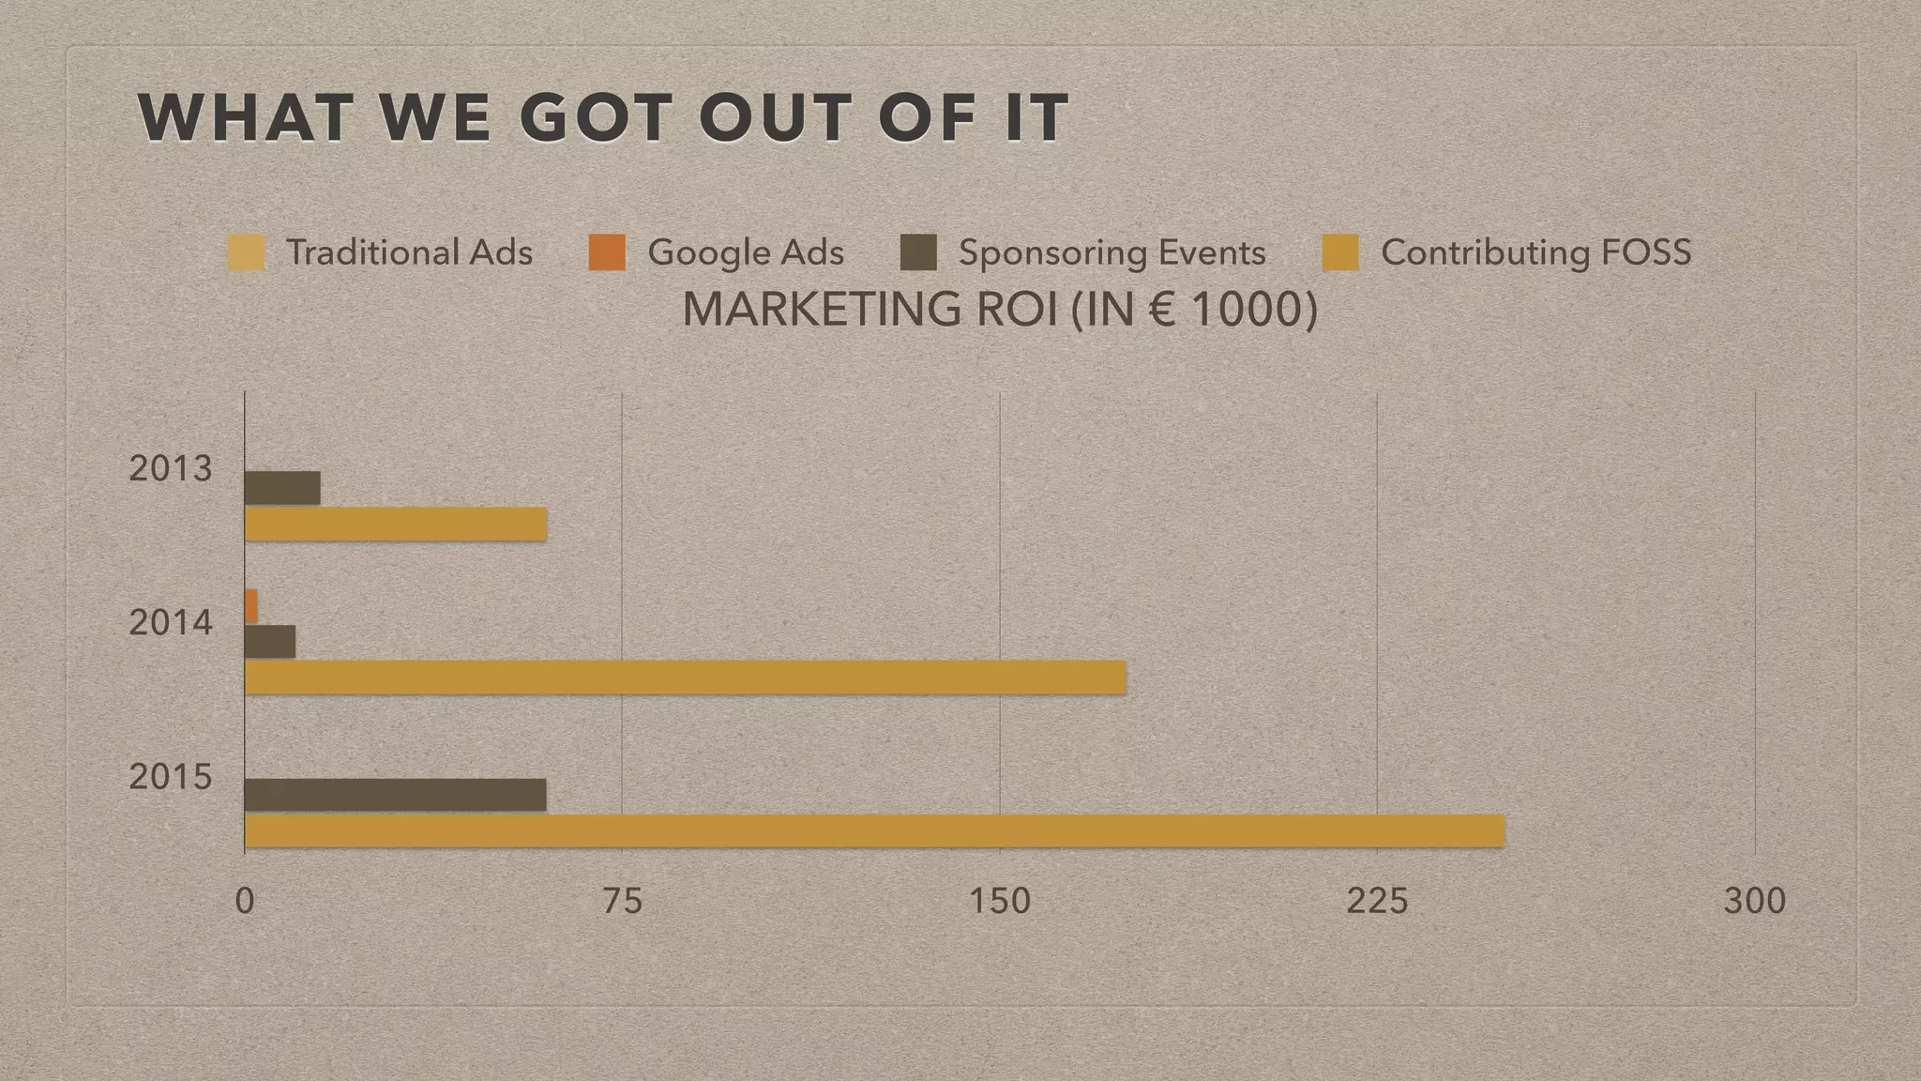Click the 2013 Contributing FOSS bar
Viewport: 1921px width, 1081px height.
395,525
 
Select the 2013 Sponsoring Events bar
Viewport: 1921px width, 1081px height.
282,488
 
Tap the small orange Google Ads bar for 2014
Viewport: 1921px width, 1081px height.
250,606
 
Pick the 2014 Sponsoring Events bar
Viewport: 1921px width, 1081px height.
270,642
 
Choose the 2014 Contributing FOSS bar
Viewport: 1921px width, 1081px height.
685,678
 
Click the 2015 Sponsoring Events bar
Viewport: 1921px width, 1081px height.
395,795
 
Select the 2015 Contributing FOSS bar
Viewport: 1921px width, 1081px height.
874,831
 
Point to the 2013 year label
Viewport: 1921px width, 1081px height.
171,468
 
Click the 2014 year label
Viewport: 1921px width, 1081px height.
171,622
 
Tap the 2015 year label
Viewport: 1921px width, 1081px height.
171,777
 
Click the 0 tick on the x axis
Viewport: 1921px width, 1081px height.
245,901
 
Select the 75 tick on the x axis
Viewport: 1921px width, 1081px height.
623,901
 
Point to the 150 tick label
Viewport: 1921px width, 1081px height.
1000,901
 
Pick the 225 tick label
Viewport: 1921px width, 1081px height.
1377,901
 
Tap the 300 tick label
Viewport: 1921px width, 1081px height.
1755,901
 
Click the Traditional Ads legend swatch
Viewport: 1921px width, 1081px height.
246,253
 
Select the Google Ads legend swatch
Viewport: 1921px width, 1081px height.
607,253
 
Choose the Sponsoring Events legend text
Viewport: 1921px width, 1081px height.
1112,252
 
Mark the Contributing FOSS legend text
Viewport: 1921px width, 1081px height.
1536,252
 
